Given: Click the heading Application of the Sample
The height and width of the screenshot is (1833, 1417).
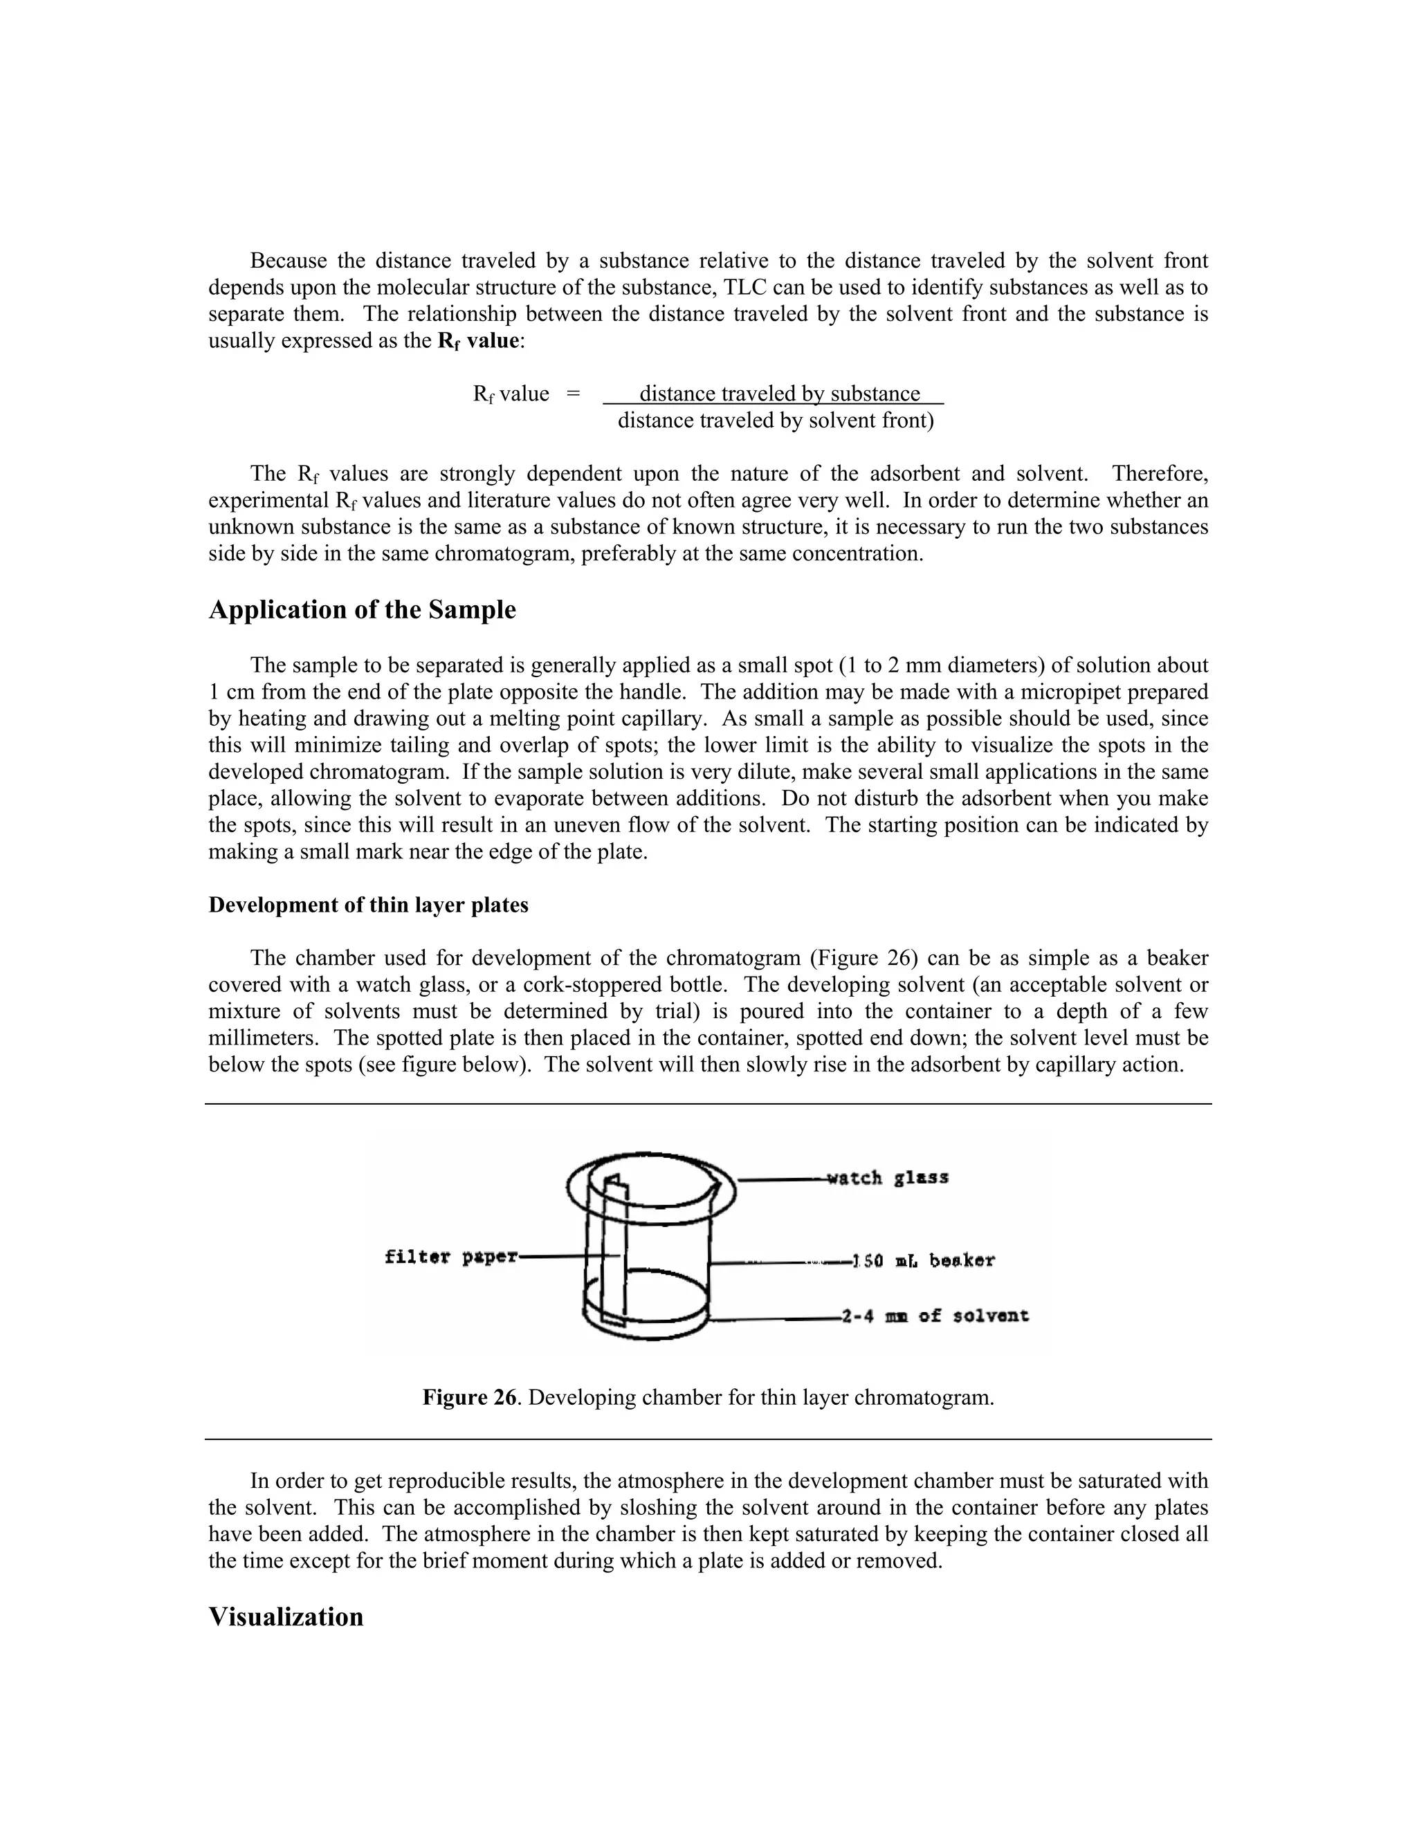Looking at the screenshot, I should [362, 610].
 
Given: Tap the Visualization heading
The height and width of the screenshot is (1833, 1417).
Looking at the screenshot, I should [286, 1616].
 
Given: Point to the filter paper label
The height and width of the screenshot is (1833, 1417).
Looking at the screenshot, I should [451, 1256].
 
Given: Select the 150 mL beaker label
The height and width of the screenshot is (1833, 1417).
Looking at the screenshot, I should [924, 1260].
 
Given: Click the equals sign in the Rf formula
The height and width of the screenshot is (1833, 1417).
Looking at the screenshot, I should [572, 394].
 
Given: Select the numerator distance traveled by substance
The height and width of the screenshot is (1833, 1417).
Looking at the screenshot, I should [779, 394].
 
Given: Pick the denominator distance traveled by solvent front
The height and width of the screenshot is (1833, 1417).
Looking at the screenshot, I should [775, 421].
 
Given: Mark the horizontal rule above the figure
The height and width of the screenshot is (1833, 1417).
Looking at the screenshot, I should [708, 1105].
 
